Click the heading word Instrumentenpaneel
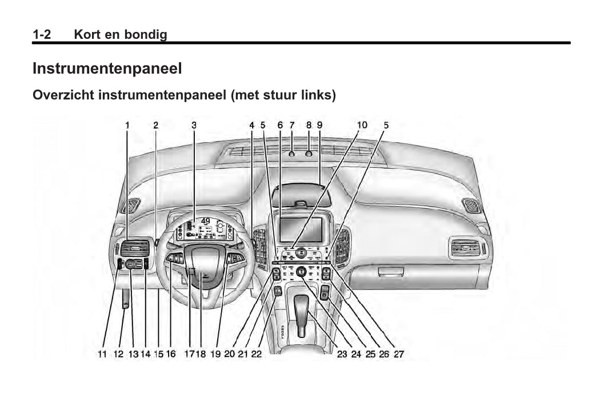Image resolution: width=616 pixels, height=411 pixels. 107,68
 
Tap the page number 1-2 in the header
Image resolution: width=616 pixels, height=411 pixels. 42,35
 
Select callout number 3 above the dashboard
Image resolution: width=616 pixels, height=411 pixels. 194,125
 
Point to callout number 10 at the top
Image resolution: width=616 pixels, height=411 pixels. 362,125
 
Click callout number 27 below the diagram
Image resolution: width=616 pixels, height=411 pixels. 399,354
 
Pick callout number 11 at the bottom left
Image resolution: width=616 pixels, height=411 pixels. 102,354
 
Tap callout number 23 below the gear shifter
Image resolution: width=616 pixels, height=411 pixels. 342,354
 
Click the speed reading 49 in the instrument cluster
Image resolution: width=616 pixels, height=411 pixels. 206,221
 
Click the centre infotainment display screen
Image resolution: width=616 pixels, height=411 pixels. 301,230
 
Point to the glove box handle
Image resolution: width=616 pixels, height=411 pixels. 390,271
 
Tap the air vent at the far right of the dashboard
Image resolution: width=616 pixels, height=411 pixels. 471,205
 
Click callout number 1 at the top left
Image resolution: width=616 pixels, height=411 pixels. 127,125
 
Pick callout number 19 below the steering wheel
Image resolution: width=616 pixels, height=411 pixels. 215,354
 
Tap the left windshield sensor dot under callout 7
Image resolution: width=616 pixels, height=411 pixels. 292,154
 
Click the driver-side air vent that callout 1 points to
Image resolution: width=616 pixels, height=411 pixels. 135,248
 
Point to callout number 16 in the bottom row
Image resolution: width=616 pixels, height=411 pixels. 170,354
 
